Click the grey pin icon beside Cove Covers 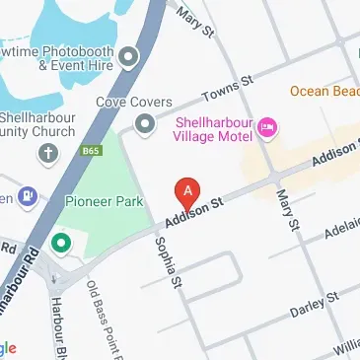[145, 123]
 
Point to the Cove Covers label [134, 101]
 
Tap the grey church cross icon [47, 153]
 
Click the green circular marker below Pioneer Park [60, 242]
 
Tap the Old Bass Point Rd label [107, 321]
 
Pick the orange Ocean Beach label [324, 90]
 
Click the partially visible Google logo [8, 347]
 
